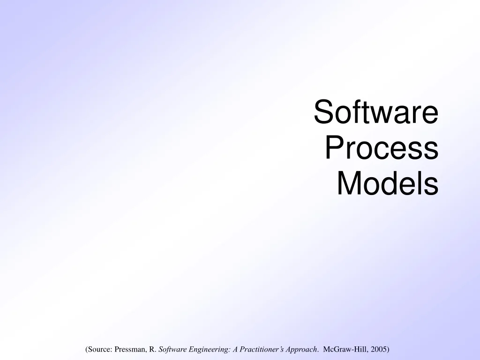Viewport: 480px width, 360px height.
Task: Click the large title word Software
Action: coord(376,112)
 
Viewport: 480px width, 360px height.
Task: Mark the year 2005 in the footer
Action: coord(377,350)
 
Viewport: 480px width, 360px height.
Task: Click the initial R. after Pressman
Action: coord(153,350)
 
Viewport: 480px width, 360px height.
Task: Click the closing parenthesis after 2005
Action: coord(388,350)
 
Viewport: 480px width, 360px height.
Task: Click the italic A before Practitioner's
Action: coord(234,350)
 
